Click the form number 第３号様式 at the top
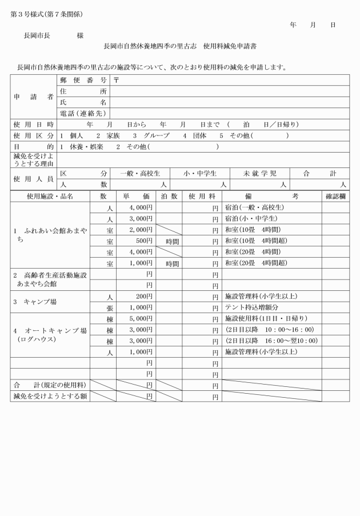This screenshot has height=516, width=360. click(27, 14)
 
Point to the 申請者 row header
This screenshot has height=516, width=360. click(34, 97)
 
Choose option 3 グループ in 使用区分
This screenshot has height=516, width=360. click(151, 135)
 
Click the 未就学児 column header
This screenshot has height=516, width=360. click(259, 173)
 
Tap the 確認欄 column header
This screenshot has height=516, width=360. click(335, 196)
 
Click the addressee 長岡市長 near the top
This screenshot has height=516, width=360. click(35, 35)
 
